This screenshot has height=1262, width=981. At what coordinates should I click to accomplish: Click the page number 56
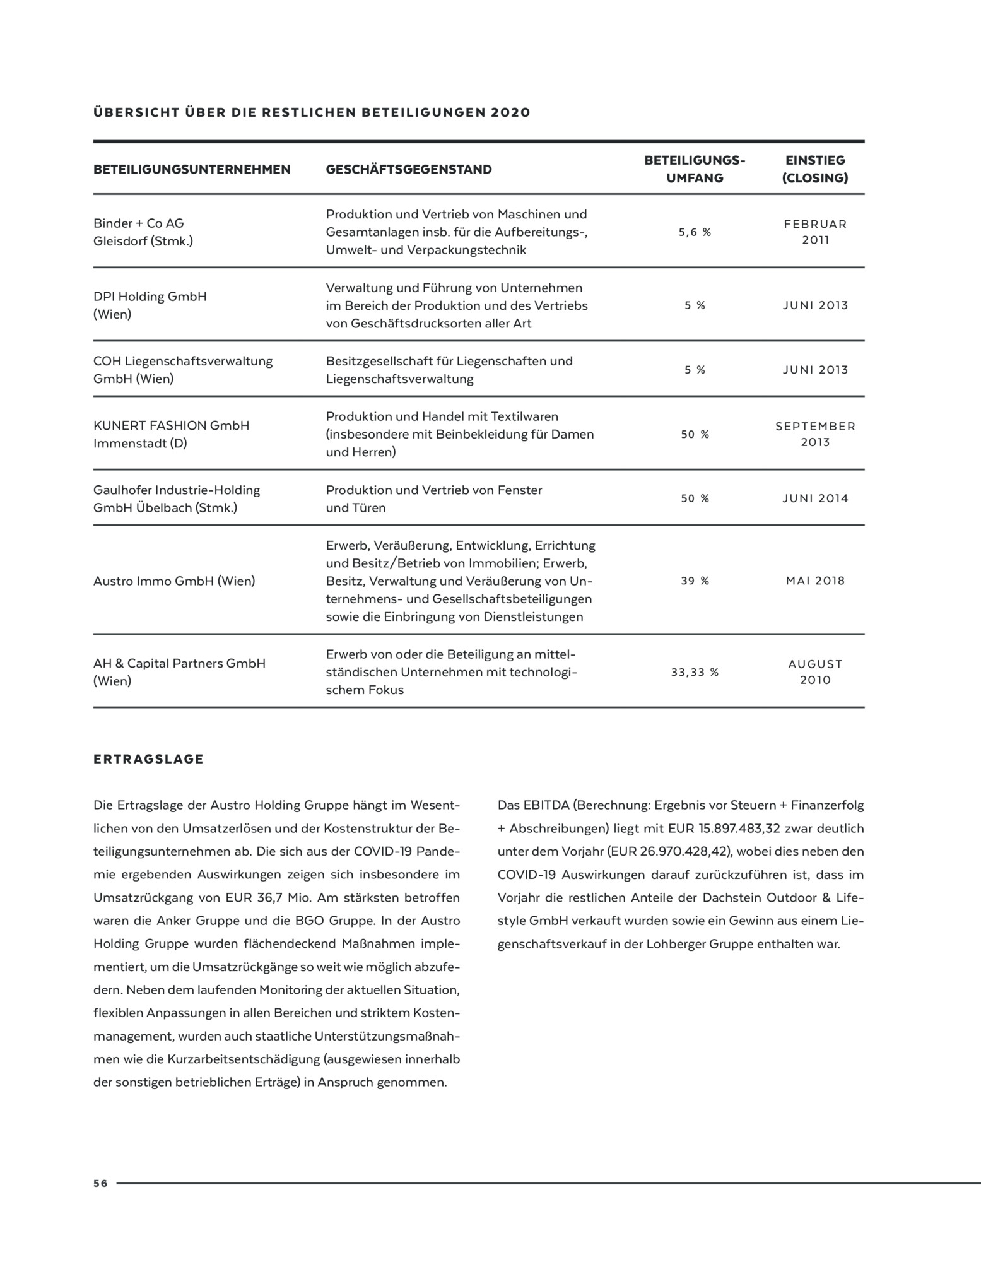pyautogui.click(x=100, y=1183)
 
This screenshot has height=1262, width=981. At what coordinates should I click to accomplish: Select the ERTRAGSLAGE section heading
pyautogui.click(x=148, y=759)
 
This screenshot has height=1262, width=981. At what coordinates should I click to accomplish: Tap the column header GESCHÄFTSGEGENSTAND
pyautogui.click(x=409, y=169)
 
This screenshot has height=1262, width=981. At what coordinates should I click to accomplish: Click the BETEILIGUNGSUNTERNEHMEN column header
pyautogui.click(x=192, y=169)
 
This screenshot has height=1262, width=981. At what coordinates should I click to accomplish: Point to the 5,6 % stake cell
pyautogui.click(x=695, y=232)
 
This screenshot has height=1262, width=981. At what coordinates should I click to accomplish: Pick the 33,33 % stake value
pyautogui.click(x=695, y=672)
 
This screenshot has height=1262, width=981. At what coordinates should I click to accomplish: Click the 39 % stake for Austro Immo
pyautogui.click(x=695, y=581)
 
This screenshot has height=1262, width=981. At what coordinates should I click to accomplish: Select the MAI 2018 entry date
pyautogui.click(x=815, y=581)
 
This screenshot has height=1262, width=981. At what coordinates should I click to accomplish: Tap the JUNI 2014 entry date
pyautogui.click(x=815, y=498)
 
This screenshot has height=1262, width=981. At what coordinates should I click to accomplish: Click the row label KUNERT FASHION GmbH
pyautogui.click(x=171, y=425)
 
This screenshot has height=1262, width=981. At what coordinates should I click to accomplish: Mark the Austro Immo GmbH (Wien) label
pyautogui.click(x=174, y=581)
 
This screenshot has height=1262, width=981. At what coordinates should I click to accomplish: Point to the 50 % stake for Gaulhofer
pyautogui.click(x=695, y=498)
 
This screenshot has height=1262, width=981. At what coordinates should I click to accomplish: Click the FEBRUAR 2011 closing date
pyautogui.click(x=815, y=232)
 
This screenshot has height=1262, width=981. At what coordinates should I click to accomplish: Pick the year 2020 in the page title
pyautogui.click(x=510, y=113)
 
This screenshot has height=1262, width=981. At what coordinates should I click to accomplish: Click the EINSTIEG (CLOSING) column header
pyautogui.click(x=815, y=169)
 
